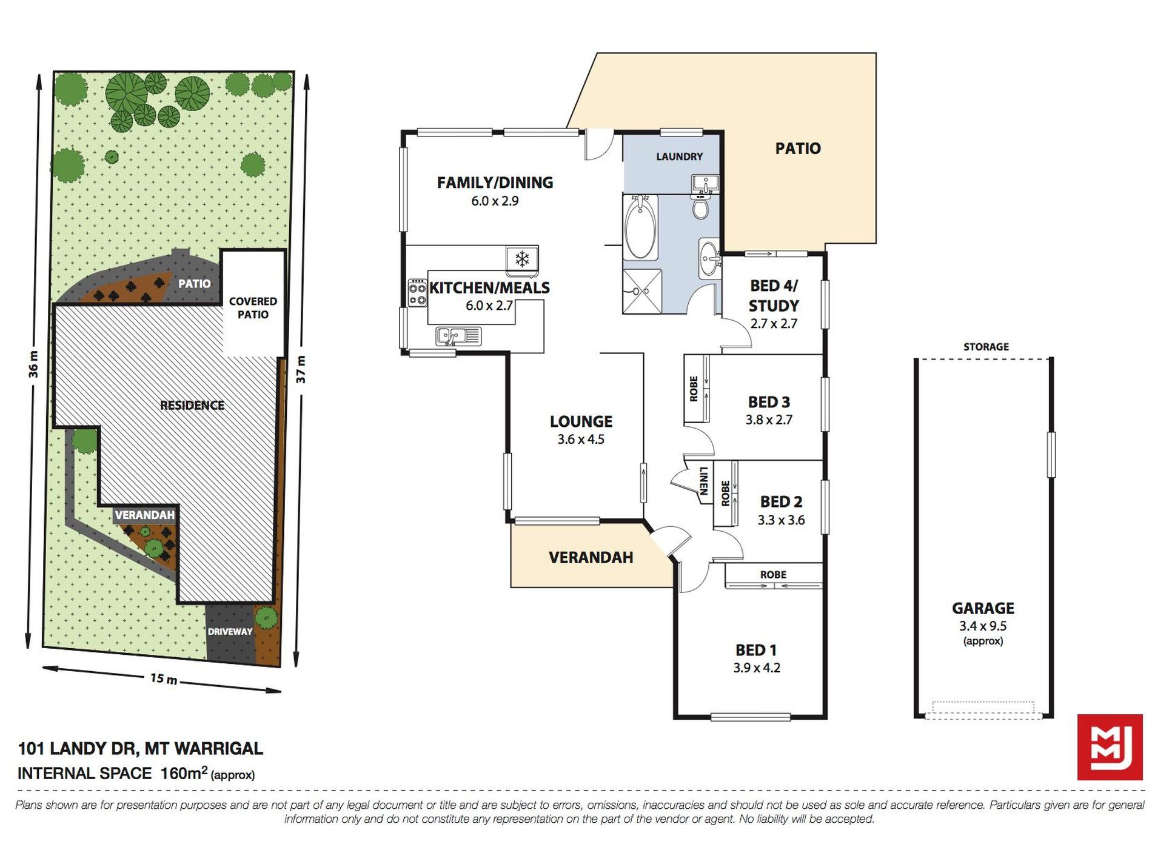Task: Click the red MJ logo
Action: click(x=1110, y=747)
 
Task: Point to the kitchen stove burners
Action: click(x=417, y=292)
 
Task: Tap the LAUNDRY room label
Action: click(x=679, y=156)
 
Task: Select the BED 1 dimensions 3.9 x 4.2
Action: click(x=757, y=668)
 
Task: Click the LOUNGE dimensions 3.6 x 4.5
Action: click(x=581, y=439)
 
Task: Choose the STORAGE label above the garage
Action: click(x=986, y=347)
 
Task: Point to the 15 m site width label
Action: click(x=164, y=678)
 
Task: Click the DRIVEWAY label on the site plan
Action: click(x=230, y=631)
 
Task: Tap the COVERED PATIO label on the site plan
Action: click(x=253, y=308)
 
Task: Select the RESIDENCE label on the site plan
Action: click(x=192, y=405)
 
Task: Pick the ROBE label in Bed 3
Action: click(x=694, y=389)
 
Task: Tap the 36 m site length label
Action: click(x=33, y=364)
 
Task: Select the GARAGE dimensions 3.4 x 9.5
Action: click(x=983, y=626)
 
